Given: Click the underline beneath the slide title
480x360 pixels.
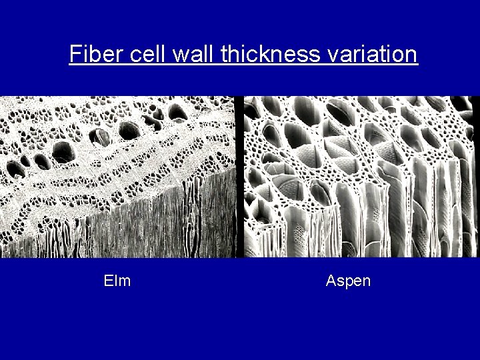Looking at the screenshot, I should coord(243,65).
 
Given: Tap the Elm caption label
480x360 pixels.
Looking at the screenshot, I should coord(117,281).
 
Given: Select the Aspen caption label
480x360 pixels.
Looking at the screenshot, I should coord(348,281).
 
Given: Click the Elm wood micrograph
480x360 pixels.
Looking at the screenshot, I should coord(117,177).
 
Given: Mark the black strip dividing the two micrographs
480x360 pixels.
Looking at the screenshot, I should coord(239,177).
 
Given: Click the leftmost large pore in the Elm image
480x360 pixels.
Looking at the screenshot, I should coord(25,160).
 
